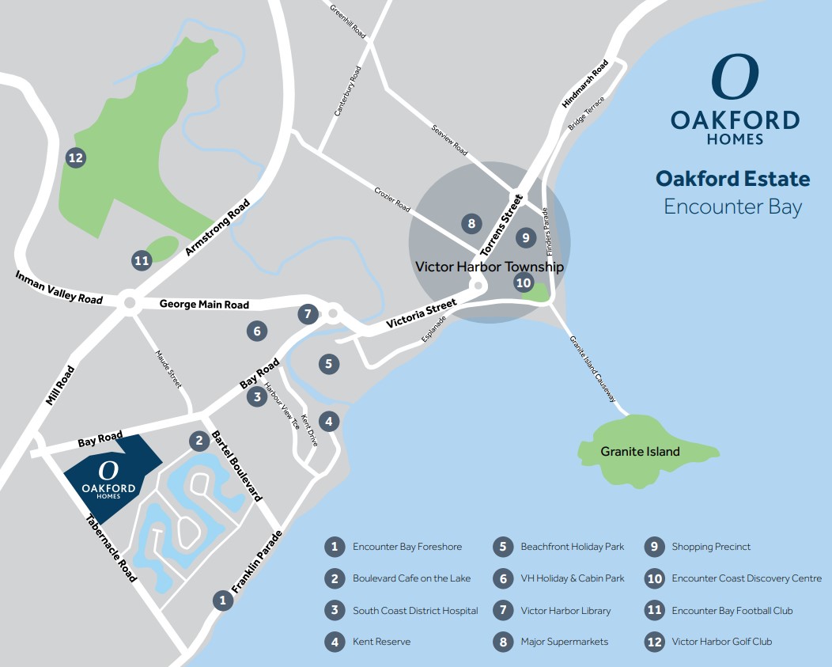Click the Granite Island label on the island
coord(640,452)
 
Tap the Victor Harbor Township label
coord(490,267)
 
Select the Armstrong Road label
coord(217,227)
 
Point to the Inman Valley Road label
coord(59,286)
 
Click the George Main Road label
coord(204,305)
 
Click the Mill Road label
coord(60,385)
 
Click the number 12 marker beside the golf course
coord(76,158)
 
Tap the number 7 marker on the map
coord(308,314)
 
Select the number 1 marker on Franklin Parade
coord(223,601)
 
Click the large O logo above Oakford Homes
coord(735,78)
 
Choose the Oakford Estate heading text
coord(732,179)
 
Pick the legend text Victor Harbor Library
coord(565,611)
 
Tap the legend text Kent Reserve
coord(381,642)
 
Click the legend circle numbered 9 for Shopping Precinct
coord(654,547)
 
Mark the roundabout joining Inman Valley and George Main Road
coord(129,302)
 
